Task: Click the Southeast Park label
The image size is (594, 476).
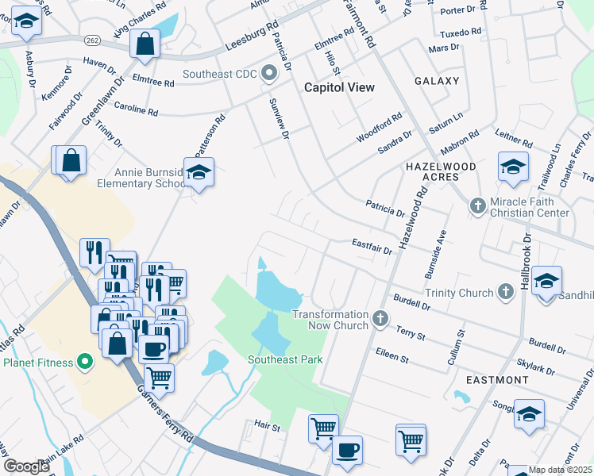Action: [x=285, y=359]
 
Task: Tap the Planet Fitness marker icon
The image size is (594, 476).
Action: [x=86, y=363]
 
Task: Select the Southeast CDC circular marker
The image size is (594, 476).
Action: [x=268, y=75]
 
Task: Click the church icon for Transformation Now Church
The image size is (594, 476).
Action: [x=380, y=320]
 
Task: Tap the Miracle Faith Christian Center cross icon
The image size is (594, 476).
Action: [x=477, y=206]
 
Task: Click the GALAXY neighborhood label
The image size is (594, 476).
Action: [x=437, y=81]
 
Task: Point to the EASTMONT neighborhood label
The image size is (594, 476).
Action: [x=497, y=380]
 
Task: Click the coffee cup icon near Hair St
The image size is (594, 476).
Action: [x=347, y=449]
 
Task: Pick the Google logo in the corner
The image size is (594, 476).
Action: [x=26, y=466]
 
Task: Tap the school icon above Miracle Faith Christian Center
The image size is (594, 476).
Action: [x=513, y=167]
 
